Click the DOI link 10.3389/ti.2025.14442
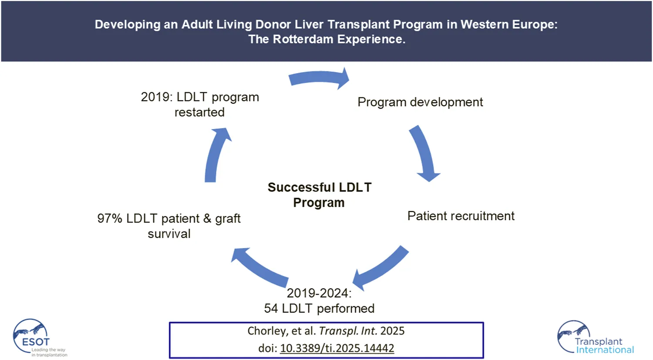tap(337, 348)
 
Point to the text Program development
tap(420, 102)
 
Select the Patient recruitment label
tap(461, 216)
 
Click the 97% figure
tap(110, 219)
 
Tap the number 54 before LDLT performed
tap(271, 309)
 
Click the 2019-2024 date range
tap(319, 293)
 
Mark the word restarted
tap(199, 112)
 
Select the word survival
tap(169, 234)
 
